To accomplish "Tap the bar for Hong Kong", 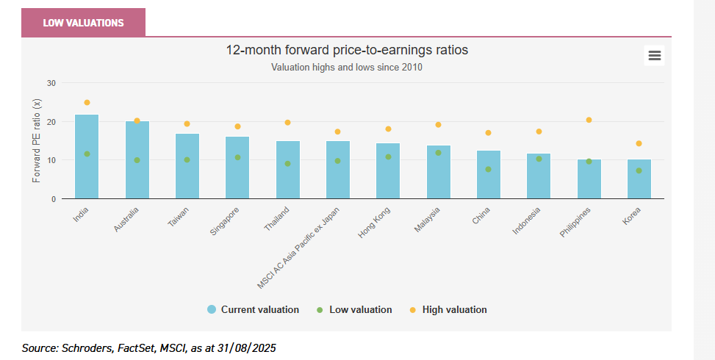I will (x=388, y=176).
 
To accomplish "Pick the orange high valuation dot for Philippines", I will (x=589, y=120).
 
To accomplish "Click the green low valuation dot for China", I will (x=489, y=169).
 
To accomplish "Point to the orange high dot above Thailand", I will (x=287, y=123).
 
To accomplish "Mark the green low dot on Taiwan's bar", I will (x=187, y=159).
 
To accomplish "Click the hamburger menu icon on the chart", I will (x=654, y=55).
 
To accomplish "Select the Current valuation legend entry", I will (x=254, y=309).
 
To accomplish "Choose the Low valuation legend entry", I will (x=354, y=309).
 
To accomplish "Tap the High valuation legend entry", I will (x=448, y=309).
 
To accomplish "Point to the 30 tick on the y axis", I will (x=51, y=83).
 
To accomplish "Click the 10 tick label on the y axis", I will (x=51, y=160).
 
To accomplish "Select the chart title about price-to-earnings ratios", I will (x=347, y=50).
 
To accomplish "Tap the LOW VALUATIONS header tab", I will (x=83, y=23).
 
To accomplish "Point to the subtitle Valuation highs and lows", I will (x=347, y=67).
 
